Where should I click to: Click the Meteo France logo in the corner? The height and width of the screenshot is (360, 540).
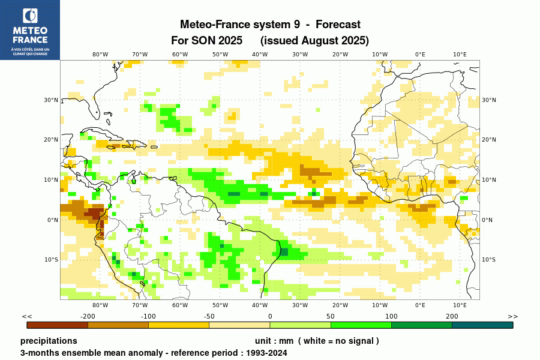[30, 30]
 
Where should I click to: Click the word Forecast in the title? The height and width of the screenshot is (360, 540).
[338, 25]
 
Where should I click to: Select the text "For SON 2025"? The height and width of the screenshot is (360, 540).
[207, 40]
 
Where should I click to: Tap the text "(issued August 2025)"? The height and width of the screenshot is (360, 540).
[314, 40]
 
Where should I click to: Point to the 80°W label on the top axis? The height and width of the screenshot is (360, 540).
[100, 55]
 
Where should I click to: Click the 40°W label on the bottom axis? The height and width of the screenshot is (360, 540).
[260, 305]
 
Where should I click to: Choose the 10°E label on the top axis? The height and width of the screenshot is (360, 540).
[460, 55]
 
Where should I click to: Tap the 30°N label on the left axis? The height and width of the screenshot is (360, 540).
[52, 100]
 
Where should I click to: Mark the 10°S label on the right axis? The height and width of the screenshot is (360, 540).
[489, 260]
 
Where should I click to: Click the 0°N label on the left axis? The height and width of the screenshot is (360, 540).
[53, 220]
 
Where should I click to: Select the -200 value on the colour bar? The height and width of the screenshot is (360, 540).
[88, 316]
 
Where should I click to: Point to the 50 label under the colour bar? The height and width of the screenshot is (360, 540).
[331, 316]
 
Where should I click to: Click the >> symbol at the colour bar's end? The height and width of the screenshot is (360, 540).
[512, 316]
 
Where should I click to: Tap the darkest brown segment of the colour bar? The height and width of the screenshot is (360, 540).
[58, 325]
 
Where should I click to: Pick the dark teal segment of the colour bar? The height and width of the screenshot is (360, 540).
[482, 325]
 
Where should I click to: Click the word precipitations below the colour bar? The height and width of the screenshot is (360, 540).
[49, 341]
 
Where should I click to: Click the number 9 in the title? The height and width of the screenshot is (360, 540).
[296, 25]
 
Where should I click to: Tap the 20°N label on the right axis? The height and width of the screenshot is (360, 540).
[489, 140]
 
